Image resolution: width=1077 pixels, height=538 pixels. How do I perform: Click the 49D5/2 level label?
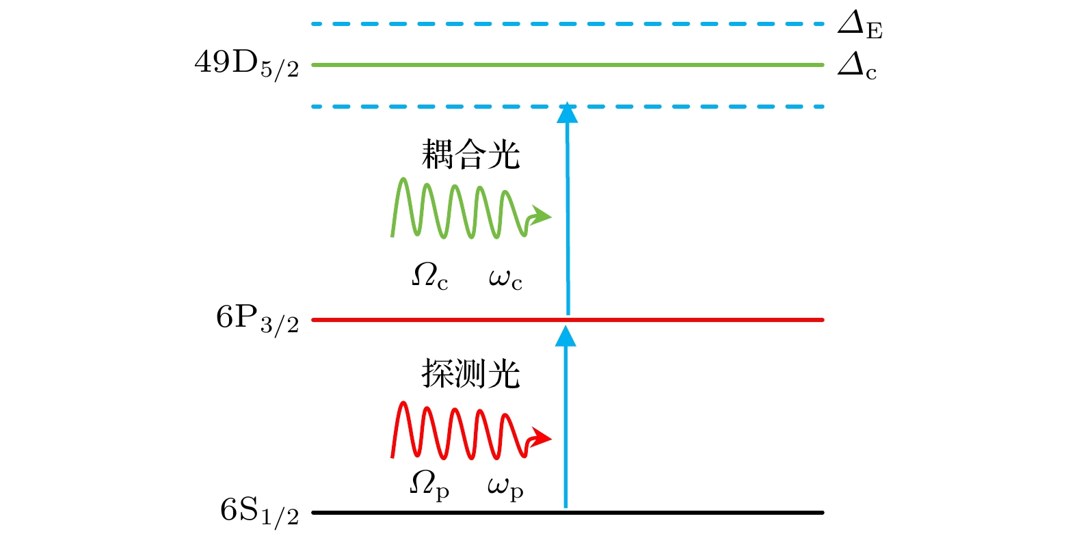[x=247, y=65]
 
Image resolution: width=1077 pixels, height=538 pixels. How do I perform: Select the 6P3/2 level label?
[x=257, y=320]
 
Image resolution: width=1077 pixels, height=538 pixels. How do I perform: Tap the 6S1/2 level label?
[x=260, y=513]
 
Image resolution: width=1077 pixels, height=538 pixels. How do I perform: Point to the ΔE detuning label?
[x=860, y=25]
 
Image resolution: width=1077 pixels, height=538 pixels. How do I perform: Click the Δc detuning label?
[x=857, y=66]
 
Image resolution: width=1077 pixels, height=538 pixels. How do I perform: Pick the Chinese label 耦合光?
[x=470, y=154]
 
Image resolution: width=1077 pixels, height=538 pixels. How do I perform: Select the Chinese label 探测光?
[x=470, y=373]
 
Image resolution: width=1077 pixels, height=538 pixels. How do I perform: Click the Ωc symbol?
[x=430, y=277]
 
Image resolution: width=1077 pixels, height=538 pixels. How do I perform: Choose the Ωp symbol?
[x=429, y=485]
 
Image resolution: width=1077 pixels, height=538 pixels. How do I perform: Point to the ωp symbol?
[x=505, y=489]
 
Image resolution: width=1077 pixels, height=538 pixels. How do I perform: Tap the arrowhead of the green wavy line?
[x=542, y=216]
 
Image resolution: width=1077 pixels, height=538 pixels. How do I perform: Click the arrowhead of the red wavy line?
[x=542, y=438]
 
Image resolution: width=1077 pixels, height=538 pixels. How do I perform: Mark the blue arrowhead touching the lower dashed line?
[x=568, y=113]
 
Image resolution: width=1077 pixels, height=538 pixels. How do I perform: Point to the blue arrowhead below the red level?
[x=566, y=336]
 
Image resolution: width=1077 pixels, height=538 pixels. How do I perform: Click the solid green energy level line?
[x=568, y=65]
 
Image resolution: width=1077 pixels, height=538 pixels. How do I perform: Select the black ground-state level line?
[x=568, y=513]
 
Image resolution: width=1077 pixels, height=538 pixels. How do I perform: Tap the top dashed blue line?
[x=568, y=23]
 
